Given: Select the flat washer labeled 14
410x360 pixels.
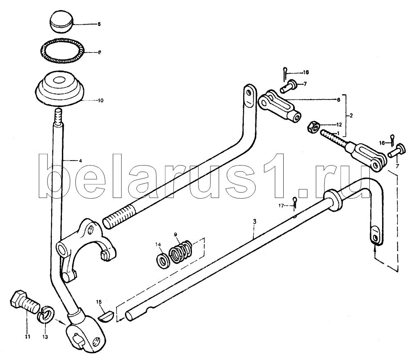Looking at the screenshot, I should (162, 259).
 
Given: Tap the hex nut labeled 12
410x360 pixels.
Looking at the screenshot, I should (314, 126).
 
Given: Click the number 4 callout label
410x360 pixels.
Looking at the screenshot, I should (80, 161).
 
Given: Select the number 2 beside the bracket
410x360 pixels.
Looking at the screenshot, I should (351, 116).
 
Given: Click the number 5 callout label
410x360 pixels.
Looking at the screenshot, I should (98, 25).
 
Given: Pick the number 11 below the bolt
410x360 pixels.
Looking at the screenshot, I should (27, 337).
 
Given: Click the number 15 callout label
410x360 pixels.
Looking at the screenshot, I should (98, 302).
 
